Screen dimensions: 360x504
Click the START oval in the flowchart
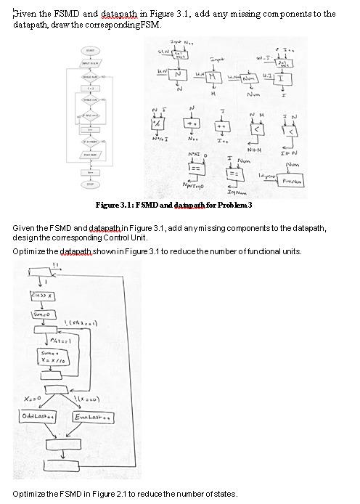coord(90,51)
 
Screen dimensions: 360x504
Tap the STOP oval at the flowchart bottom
coord(90,184)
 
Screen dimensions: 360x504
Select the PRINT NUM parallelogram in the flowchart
coord(90,155)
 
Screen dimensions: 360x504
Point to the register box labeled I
coord(280,78)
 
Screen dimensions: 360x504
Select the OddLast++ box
coord(38,415)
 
